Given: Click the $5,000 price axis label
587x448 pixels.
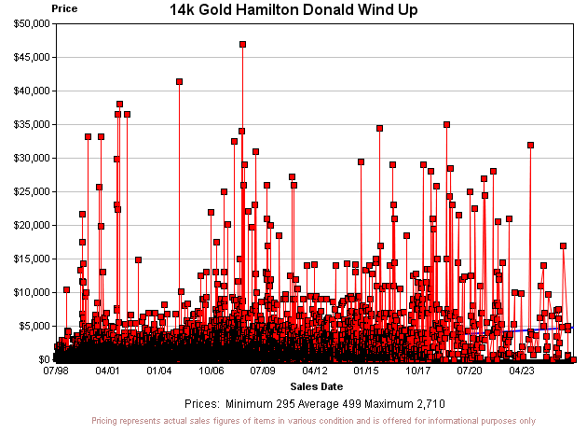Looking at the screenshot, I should tap(32, 326).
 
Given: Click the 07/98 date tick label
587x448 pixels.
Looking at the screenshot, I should tap(56, 371).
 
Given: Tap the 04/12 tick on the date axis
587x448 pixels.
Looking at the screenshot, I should tap(315, 371).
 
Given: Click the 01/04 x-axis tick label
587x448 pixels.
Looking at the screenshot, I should tap(159, 371).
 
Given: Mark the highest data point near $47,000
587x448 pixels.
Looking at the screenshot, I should tap(242, 44).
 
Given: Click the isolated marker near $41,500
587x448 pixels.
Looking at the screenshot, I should tap(179, 81).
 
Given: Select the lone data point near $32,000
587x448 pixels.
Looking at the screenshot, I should tap(530, 145).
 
